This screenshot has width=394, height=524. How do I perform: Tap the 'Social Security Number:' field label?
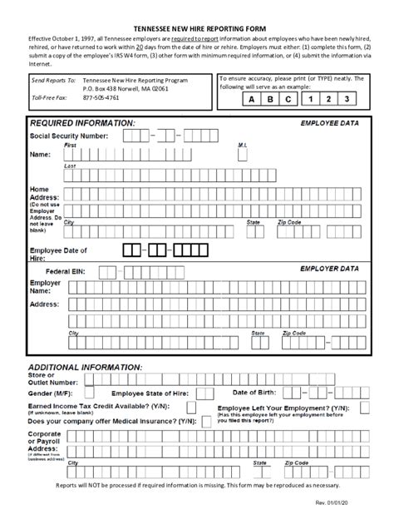[69, 135]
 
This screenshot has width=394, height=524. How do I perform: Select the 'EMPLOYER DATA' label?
[329, 269]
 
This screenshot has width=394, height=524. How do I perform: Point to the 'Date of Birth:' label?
[258, 393]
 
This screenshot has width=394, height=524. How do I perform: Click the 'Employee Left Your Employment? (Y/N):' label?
[283, 408]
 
